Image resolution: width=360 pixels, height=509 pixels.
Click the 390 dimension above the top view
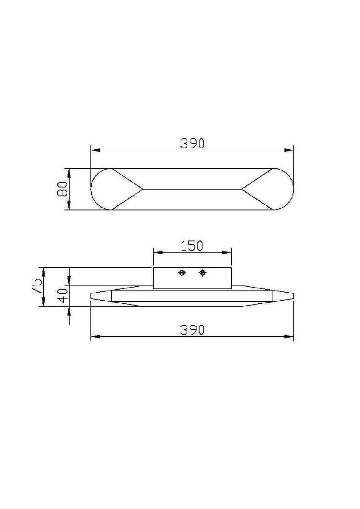[192, 143]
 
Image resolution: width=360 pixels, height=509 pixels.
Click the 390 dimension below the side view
[192, 330]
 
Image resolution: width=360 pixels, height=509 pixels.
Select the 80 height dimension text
[62, 189]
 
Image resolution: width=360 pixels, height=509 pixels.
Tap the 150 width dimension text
[192, 246]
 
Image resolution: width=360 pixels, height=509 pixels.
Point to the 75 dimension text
[37, 287]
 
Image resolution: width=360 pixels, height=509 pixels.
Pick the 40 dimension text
[62, 296]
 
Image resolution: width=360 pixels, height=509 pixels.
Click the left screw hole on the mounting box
[182, 273]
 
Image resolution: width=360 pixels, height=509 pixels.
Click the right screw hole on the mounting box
[202, 273]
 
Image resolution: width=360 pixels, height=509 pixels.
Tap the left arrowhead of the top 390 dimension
[95, 150]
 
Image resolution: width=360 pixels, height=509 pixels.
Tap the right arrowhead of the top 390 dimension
[289, 150]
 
